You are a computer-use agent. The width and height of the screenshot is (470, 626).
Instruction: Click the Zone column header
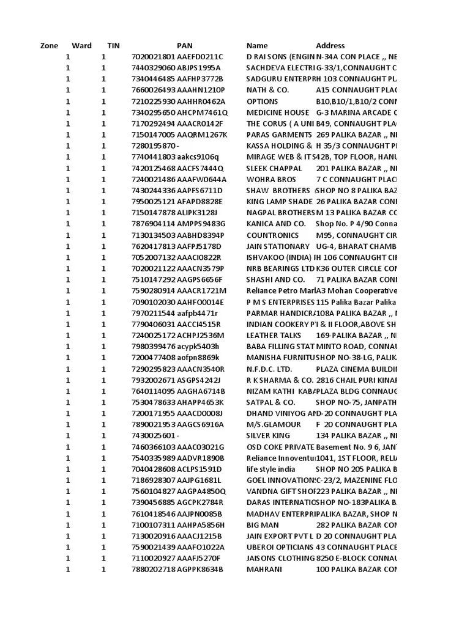(x=49, y=46)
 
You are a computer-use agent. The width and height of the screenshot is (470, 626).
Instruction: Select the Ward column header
(x=81, y=46)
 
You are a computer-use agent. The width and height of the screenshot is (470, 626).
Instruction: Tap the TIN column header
(x=113, y=46)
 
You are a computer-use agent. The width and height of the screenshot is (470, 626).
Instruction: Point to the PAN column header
(x=184, y=46)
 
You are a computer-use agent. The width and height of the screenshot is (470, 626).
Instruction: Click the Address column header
(x=330, y=46)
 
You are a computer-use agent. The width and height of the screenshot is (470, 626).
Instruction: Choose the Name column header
(x=257, y=46)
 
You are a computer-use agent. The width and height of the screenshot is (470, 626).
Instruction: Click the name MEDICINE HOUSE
(x=277, y=112)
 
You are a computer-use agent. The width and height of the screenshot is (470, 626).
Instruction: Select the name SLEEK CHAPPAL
(x=274, y=168)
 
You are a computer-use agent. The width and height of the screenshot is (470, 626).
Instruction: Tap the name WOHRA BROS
(x=270, y=180)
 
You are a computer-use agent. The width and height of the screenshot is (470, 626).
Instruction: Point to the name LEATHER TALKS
(x=274, y=336)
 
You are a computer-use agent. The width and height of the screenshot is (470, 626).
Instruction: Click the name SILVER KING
(x=269, y=436)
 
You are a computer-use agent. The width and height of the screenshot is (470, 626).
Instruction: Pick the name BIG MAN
(x=263, y=525)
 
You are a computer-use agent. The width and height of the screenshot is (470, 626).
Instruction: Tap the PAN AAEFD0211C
(x=200, y=57)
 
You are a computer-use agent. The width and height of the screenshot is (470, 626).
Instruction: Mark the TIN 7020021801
(x=153, y=57)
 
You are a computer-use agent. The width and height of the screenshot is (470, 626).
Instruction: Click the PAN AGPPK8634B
(x=200, y=570)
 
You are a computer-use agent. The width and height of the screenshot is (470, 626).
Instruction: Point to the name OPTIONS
(x=262, y=101)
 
